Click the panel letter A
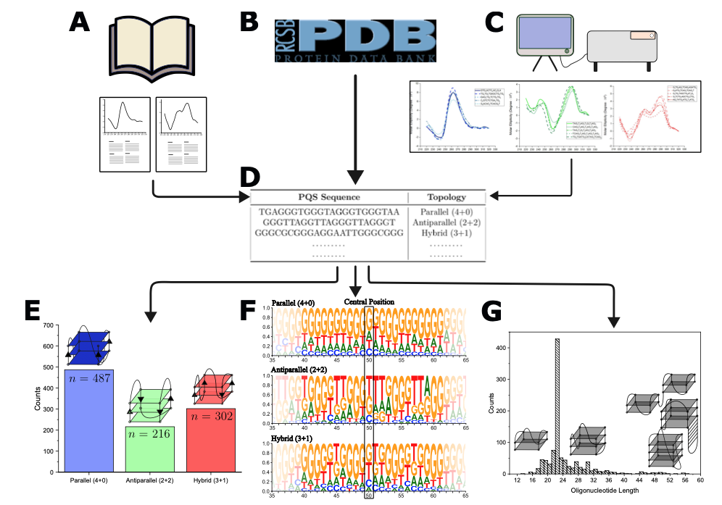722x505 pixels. point(80,22)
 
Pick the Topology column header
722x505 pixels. point(447,197)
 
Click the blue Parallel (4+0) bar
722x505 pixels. point(88,427)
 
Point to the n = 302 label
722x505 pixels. point(210,418)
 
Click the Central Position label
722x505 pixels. point(369,301)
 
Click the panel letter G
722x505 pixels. point(493,312)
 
